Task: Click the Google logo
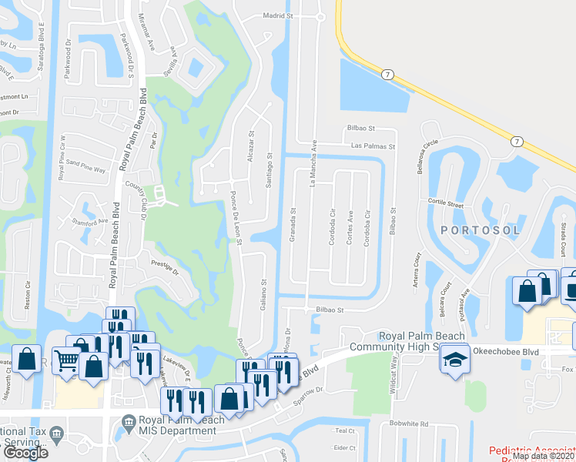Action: (x=25, y=452)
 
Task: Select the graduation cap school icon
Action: (x=455, y=360)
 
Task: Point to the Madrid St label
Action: (x=280, y=15)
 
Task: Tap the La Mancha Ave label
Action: (x=313, y=164)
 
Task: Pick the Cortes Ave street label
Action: (x=350, y=229)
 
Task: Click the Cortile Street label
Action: (x=445, y=205)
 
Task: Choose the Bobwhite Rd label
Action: (x=408, y=423)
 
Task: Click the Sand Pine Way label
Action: (x=85, y=163)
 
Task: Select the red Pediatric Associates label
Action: (x=531, y=450)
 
